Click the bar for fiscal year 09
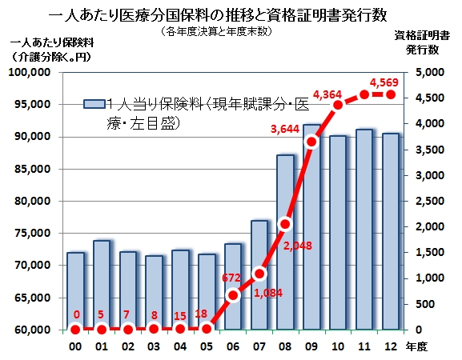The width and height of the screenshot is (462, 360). [311, 227]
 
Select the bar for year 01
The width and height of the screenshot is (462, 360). [102, 285]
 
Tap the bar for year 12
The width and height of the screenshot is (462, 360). [391, 231]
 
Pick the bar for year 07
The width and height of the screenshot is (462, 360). [259, 275]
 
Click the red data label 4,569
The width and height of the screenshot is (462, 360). [384, 82]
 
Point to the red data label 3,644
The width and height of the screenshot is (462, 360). [284, 129]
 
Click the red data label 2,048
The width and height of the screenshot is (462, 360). [297, 246]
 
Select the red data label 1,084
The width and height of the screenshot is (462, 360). [267, 293]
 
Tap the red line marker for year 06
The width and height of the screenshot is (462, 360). [233, 295]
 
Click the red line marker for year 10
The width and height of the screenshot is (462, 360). [338, 105]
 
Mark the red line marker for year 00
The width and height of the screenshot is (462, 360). [75, 330]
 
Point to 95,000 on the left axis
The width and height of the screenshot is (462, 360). [33, 105]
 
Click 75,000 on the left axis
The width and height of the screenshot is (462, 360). [33, 233]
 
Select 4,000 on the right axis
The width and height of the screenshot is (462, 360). [430, 124]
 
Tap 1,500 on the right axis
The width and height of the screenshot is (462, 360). [430, 253]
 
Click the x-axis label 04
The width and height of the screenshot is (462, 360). [180, 346]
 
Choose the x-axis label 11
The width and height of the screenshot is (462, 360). [364, 346]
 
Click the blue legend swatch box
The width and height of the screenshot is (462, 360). [94, 104]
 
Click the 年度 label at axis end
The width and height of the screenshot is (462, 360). [416, 346]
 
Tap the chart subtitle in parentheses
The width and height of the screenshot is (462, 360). [216, 31]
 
